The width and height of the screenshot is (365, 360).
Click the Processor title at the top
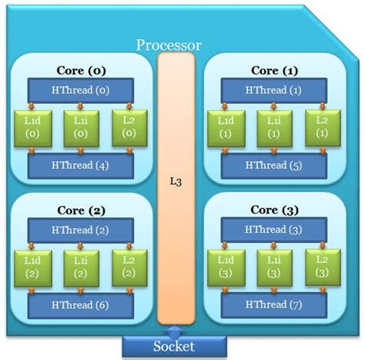click(169, 45)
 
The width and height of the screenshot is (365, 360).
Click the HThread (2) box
click(80, 229)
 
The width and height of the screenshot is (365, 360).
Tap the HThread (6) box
click(80, 304)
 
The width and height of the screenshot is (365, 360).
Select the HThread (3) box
click(274, 229)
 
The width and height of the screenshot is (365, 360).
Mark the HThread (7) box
click(274, 304)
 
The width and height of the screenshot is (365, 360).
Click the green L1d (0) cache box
click(32, 126)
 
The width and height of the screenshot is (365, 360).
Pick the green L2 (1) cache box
click(321, 126)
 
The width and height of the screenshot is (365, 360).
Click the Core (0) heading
click(81, 70)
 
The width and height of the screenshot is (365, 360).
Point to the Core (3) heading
click(275, 210)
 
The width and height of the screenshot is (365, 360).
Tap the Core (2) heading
click(81, 210)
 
